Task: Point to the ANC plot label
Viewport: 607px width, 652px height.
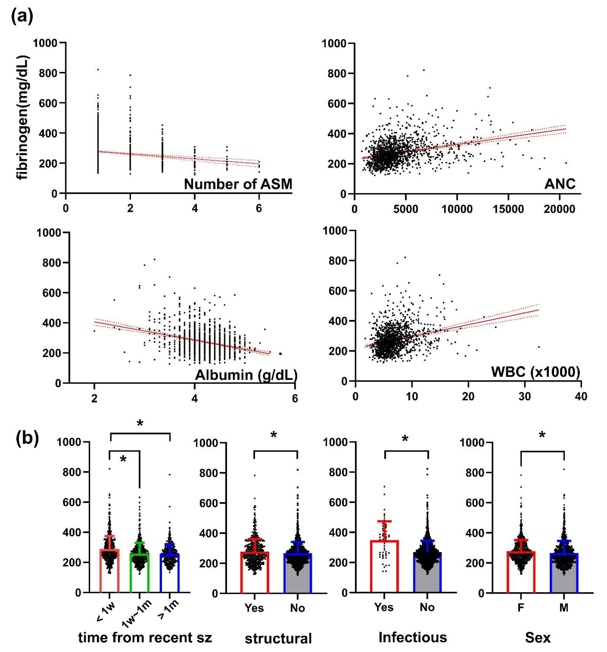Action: pyautogui.click(x=560, y=184)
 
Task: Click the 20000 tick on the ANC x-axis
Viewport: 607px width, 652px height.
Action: pyautogui.click(x=559, y=209)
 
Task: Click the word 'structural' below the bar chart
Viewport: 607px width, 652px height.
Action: pyautogui.click(x=278, y=638)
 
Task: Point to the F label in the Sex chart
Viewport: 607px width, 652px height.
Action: pyautogui.click(x=521, y=608)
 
